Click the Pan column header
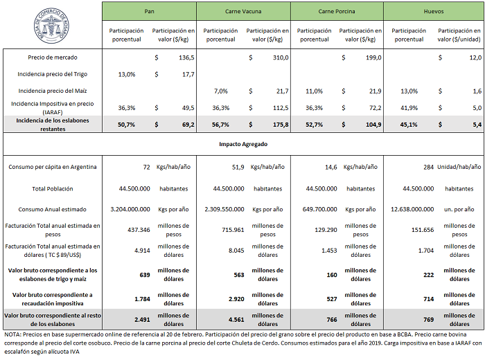[x=149, y=12]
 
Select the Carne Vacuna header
[x=243, y=12]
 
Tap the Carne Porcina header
[x=337, y=12]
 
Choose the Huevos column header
[x=434, y=12]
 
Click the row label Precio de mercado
[x=53, y=57]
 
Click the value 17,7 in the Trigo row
[x=185, y=74]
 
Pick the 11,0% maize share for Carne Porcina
[x=315, y=91]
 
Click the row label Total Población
[x=53, y=188]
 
